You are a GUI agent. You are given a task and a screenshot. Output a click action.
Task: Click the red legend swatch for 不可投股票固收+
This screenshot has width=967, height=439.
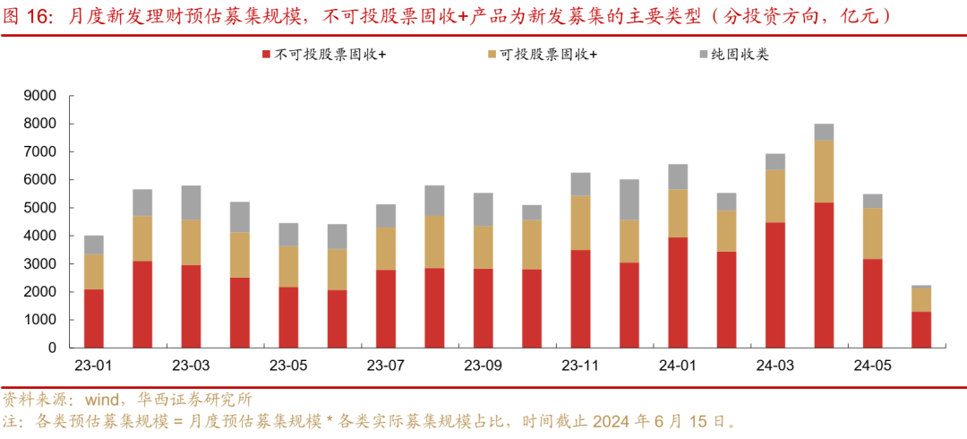point(266,56)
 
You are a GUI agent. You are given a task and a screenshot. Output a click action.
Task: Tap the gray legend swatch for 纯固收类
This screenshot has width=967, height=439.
point(703,56)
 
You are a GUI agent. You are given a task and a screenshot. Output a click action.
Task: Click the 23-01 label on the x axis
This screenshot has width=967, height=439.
point(93,366)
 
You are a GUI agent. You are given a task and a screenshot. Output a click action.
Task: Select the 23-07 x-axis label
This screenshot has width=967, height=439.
point(386,366)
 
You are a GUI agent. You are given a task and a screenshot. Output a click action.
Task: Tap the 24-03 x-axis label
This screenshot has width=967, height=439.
point(775,366)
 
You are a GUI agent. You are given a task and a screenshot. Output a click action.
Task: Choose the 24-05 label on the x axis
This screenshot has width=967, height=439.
point(872,366)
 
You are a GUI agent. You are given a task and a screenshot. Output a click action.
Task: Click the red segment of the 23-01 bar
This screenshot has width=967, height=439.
point(94,318)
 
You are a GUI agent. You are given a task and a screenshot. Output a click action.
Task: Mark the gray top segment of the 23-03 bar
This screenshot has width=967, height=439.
point(191,202)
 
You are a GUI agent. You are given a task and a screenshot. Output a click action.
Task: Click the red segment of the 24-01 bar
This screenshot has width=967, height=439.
point(678,292)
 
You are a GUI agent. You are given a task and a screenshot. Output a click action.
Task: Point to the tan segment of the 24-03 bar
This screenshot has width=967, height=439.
point(775,195)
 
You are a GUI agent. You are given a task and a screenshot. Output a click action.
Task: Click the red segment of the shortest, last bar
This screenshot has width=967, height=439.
point(921,330)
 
